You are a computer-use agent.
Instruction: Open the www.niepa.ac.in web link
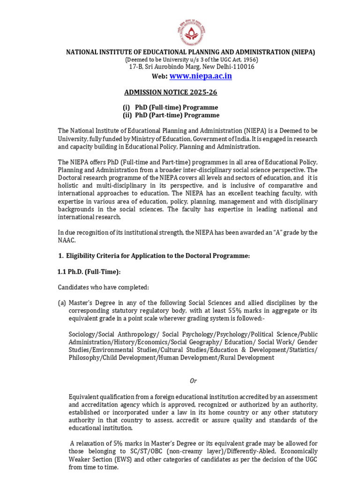coord(200,76)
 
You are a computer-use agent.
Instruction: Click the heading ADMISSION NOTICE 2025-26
coord(170,92)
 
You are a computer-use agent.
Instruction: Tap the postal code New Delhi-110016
coord(229,67)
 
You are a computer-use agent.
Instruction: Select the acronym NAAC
coord(67,240)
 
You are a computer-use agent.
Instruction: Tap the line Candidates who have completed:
coord(101,287)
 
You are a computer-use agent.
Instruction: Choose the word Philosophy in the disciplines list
coord(84,357)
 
